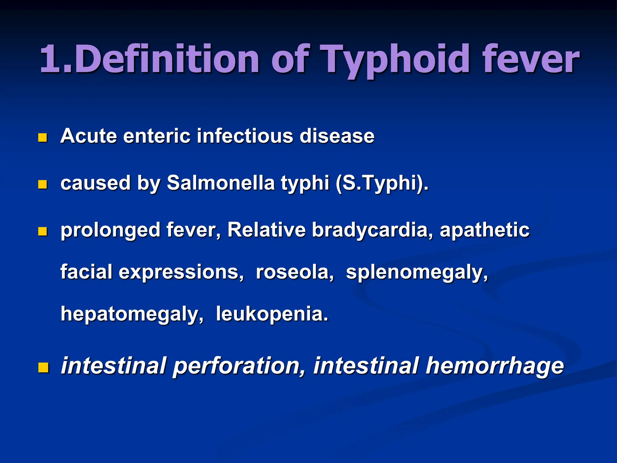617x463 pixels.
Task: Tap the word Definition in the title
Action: point(166,59)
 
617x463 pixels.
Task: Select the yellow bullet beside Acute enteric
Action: point(43,138)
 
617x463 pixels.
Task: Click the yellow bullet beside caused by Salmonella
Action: point(43,184)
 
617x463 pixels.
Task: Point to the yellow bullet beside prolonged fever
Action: point(43,231)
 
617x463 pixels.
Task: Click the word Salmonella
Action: point(221,183)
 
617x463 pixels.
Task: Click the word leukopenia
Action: point(272,314)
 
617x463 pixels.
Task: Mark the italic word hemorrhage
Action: point(494,366)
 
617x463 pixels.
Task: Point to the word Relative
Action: point(267,230)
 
